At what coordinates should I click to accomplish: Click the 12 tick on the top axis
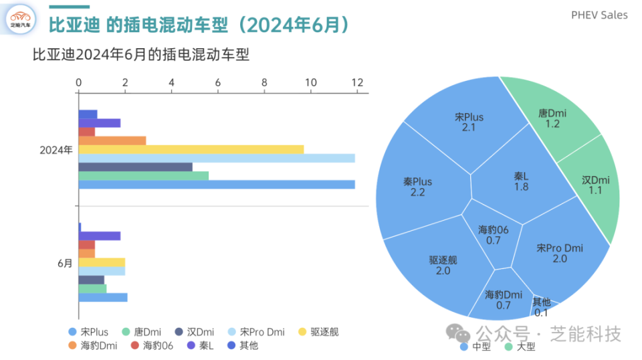point(357,82)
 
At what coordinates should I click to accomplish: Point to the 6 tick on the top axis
point(218,82)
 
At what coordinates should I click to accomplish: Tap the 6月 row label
point(65,263)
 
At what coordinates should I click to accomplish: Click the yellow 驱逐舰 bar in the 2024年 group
point(191,149)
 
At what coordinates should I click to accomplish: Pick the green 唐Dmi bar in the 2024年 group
point(143,175)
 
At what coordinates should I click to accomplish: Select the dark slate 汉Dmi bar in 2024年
point(135,167)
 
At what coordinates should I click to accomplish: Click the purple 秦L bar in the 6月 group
point(100,236)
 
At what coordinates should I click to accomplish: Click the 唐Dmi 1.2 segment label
point(552,118)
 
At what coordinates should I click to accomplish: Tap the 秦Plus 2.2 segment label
point(417,187)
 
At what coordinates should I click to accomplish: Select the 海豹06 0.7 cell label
point(494,235)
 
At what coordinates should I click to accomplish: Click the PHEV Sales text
point(599,15)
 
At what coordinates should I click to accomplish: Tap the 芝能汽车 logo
point(20,18)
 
